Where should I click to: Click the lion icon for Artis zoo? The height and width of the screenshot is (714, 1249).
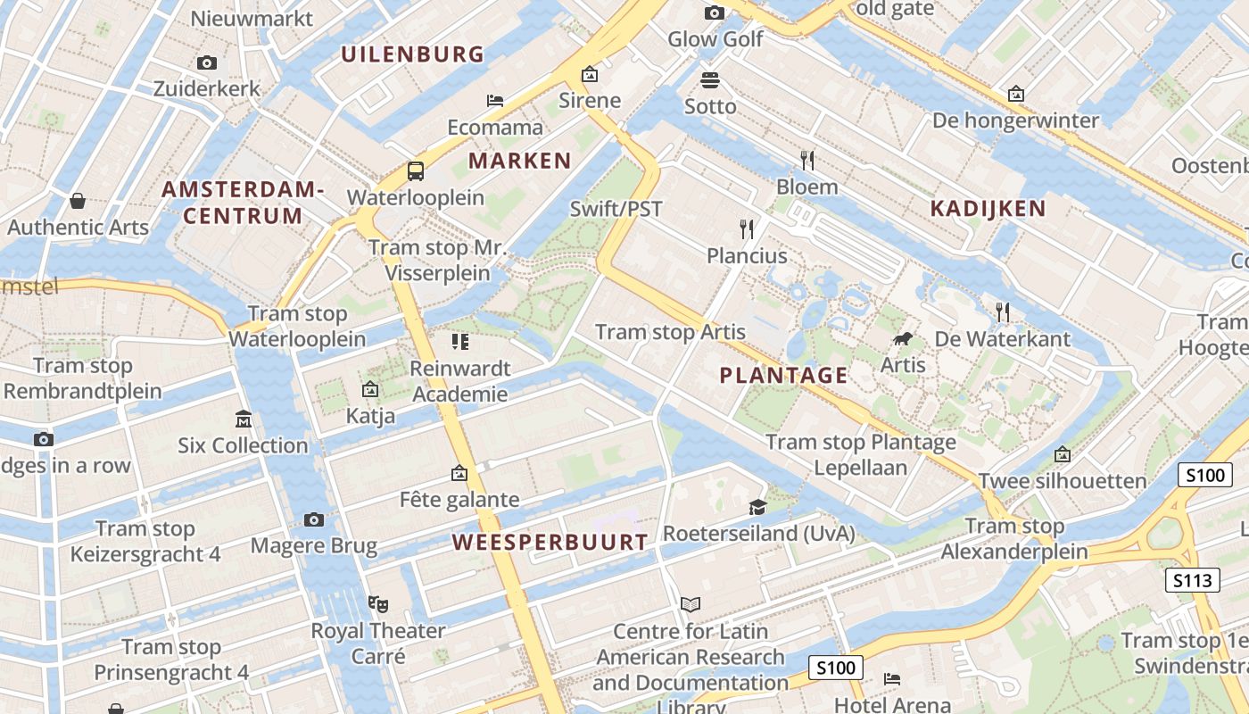[903, 339]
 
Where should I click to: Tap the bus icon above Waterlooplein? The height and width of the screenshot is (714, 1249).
[416, 170]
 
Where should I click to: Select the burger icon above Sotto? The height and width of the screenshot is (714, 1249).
[710, 80]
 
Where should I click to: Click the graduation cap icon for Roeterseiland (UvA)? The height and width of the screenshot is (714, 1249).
[757, 508]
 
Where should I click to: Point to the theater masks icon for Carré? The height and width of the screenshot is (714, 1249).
[378, 604]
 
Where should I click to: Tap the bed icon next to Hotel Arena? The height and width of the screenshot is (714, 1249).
[891, 679]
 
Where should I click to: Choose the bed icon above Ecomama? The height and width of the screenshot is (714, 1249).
[495, 101]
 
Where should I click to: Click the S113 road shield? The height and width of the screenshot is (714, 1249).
[1193, 581]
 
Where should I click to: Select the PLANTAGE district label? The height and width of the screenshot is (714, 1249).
[783, 375]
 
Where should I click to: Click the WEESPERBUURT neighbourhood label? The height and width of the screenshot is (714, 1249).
[550, 542]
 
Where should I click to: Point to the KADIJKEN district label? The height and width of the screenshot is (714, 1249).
[988, 209]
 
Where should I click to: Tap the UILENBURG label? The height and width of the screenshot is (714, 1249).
[412, 54]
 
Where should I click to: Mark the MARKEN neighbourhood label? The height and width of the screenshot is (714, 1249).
[519, 161]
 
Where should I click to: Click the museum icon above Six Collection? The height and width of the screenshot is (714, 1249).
[243, 419]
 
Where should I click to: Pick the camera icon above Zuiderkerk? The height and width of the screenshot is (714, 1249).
[207, 62]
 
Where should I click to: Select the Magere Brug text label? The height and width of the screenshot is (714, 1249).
[314, 545]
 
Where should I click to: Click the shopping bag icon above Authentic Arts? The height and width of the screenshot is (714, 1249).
[78, 201]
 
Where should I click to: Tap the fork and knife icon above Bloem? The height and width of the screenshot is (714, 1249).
[806, 161]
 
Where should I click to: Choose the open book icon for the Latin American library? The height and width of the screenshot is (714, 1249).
[691, 604]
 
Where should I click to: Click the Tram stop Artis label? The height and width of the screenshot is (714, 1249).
[670, 332]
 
